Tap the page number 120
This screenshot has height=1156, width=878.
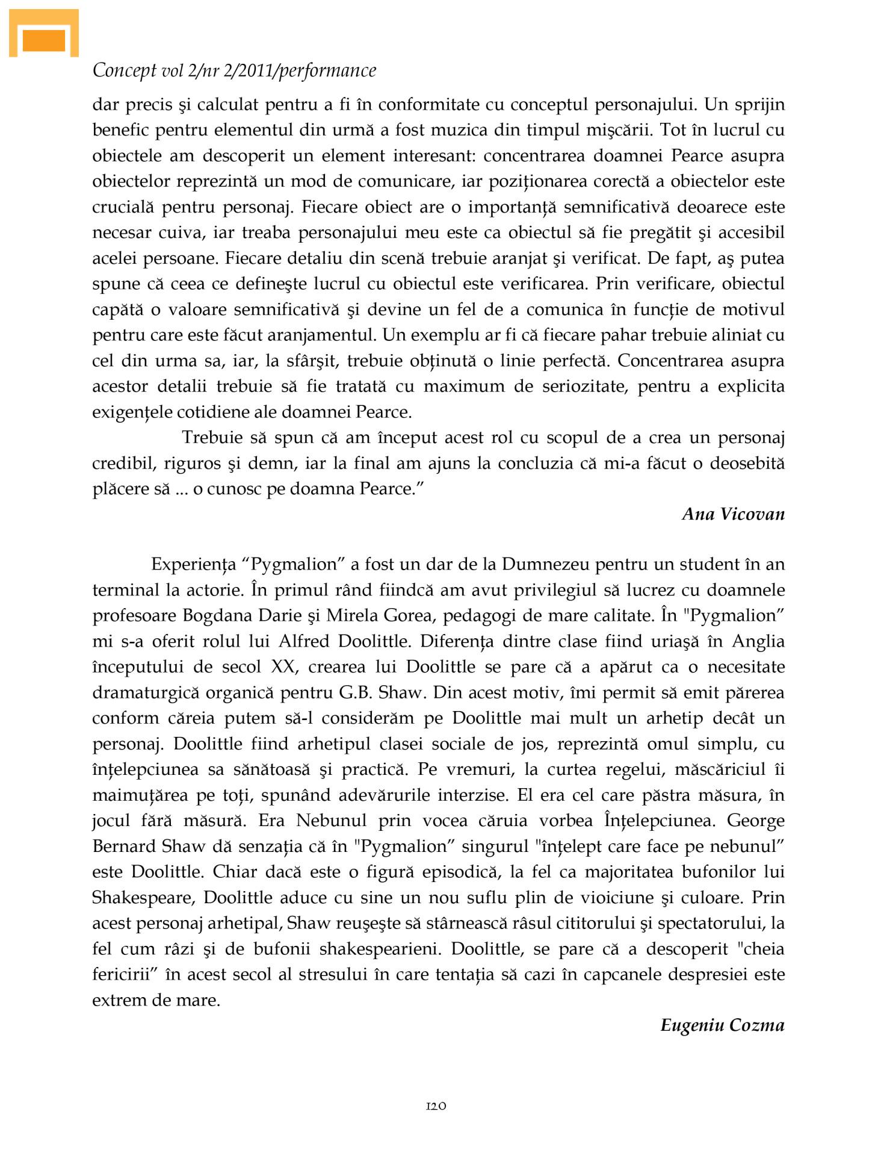pos(436,1105)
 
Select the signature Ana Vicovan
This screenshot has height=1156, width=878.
pos(733,514)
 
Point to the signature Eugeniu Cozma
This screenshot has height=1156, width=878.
pos(722,1025)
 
